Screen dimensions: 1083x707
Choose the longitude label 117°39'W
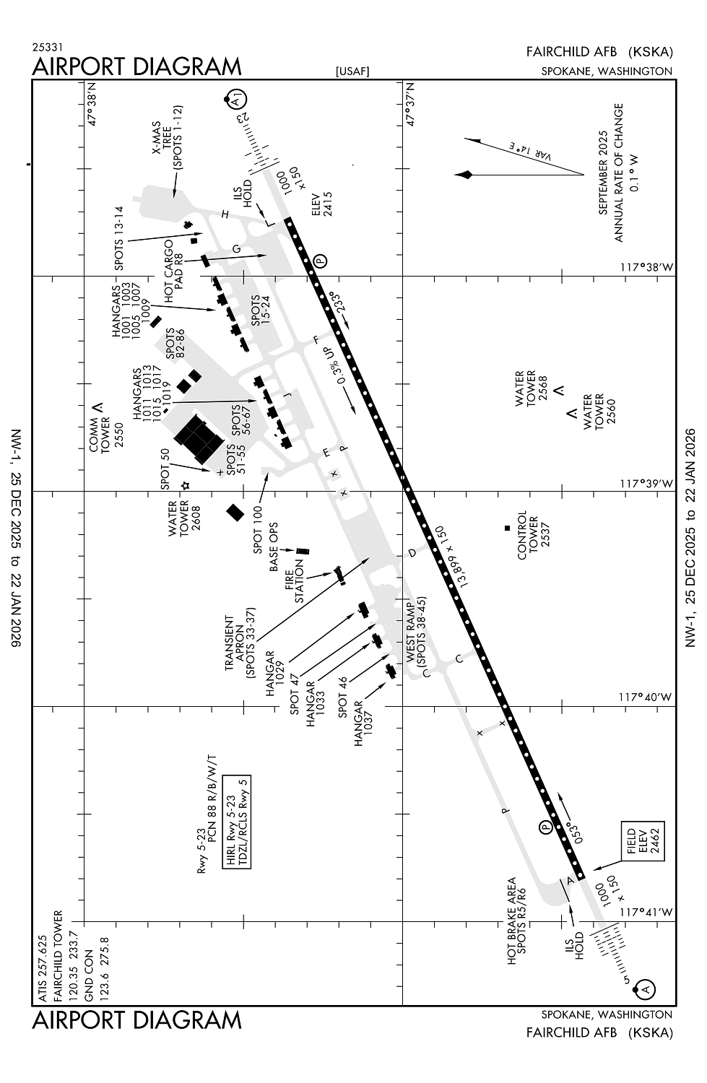(x=646, y=483)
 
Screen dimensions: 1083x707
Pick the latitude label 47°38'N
(x=92, y=107)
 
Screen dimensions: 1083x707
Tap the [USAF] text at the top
(x=352, y=71)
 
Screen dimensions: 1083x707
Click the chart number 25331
(x=47, y=46)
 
